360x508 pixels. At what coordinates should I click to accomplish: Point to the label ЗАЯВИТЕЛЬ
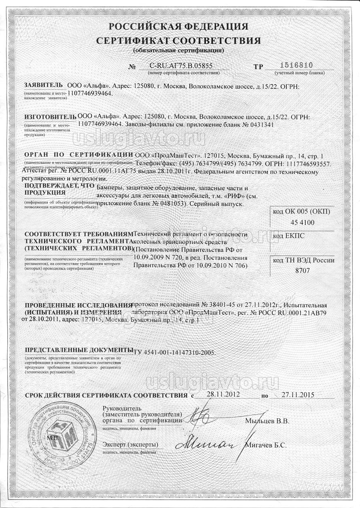(44, 85)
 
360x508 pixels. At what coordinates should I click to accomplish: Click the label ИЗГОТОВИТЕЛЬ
(50, 117)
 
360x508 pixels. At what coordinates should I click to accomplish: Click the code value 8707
(302, 271)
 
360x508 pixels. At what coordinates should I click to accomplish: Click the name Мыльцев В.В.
(267, 421)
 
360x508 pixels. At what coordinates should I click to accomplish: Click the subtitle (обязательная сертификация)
(178, 50)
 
